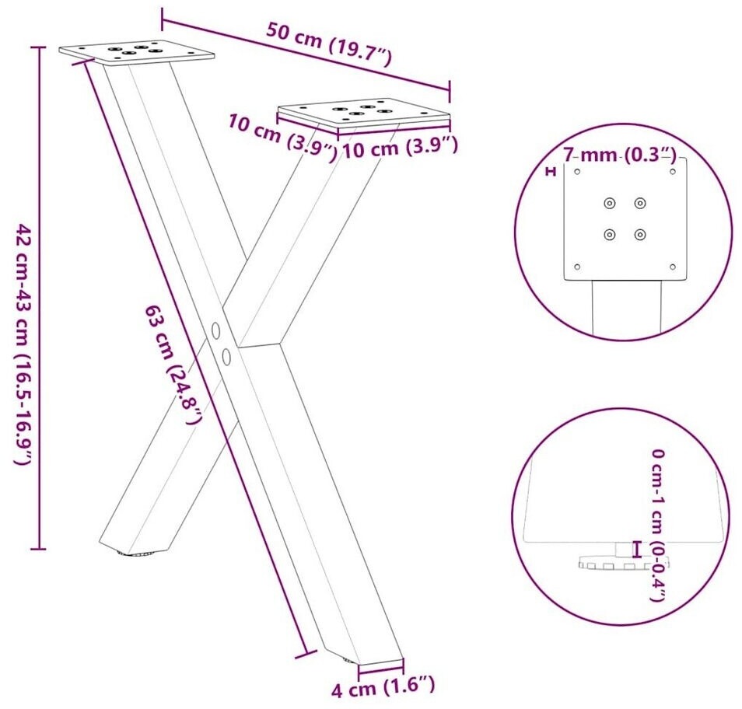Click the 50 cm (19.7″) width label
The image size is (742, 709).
pos(329,44)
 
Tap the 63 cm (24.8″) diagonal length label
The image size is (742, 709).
pos(173,364)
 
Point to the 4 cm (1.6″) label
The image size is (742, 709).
pos(383,686)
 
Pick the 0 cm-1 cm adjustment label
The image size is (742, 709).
pos(658,525)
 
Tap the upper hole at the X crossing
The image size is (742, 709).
pos(215,330)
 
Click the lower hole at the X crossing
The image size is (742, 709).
pos(226,356)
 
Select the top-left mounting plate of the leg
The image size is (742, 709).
pos(137,52)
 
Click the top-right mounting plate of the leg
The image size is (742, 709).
pos(363,114)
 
